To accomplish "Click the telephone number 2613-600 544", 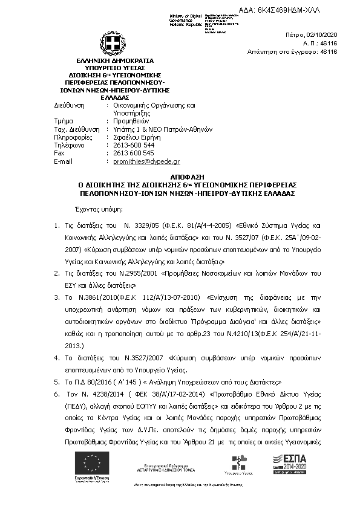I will coord(134,145).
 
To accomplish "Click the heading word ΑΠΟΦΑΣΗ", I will coord(180,173).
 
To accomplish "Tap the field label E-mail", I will coord(64,161).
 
